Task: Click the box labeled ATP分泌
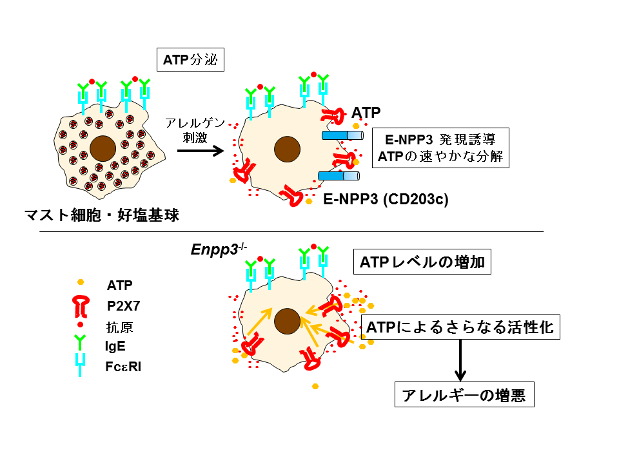click(x=190, y=61)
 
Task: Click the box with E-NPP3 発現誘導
click(x=441, y=148)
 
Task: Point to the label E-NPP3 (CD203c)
click(x=386, y=199)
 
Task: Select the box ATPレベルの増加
click(x=419, y=263)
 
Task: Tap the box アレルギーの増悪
click(x=464, y=394)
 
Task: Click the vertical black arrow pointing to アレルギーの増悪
click(x=460, y=360)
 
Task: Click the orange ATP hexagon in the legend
click(x=80, y=282)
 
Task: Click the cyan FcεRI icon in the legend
click(x=79, y=365)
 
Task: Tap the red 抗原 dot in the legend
click(x=80, y=325)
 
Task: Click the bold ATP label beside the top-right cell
click(x=366, y=113)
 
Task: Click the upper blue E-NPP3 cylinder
click(x=341, y=135)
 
